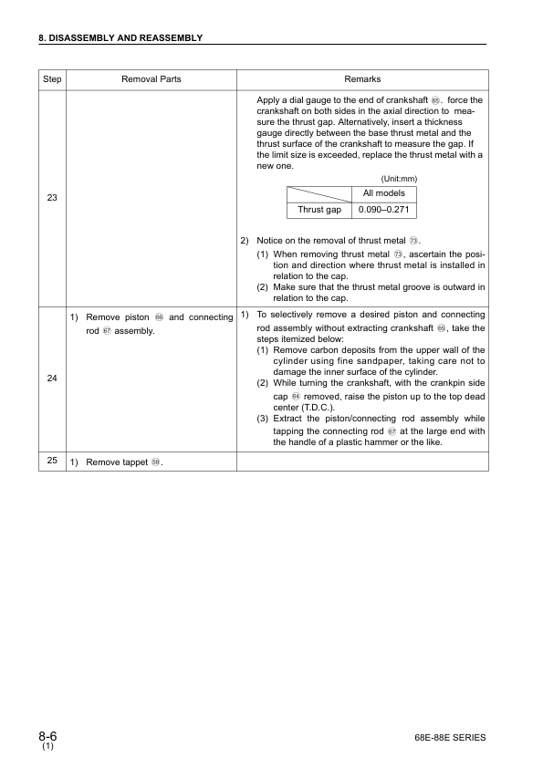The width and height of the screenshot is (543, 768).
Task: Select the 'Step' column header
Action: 52,79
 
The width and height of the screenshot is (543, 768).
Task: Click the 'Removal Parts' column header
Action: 151,79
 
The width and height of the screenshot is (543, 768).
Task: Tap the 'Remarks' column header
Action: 362,79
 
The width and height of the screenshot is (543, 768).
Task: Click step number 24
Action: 52,379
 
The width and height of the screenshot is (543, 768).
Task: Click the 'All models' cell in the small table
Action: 384,193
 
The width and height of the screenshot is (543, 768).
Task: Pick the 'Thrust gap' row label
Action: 319,210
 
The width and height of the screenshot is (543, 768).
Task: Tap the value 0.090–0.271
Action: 384,210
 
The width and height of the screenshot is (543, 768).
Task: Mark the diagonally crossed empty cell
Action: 319,193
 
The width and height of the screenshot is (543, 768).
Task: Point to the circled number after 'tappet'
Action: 156,462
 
